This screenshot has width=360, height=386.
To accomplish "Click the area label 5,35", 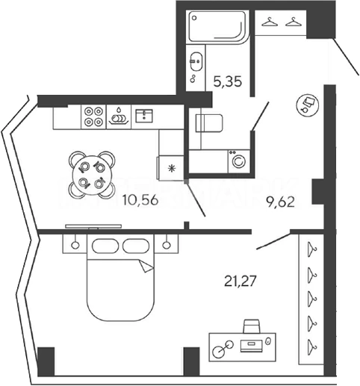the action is (228, 81).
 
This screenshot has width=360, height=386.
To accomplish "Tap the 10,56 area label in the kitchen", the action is (140, 200).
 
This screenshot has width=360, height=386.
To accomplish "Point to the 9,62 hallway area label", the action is (280, 202).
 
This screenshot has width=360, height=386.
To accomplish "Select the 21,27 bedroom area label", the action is (240, 281).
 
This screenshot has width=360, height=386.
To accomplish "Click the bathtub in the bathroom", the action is (217, 28).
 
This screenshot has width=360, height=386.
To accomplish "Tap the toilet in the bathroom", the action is (209, 123).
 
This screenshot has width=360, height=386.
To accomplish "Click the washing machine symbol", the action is (239, 161).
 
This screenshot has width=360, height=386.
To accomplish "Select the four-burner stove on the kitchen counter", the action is (93, 116).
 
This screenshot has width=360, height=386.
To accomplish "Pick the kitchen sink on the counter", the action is (144, 116).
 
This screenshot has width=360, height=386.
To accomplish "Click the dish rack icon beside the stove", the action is (119, 117).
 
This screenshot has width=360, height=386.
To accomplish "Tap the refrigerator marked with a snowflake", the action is (170, 168).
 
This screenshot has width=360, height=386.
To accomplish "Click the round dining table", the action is (92, 175).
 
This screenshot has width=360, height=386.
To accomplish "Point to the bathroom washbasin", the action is (196, 61).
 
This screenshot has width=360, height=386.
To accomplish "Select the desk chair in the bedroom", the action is (252, 326).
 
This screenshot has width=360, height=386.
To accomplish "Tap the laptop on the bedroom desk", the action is (252, 346).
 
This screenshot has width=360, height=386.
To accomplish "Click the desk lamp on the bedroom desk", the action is (223, 348).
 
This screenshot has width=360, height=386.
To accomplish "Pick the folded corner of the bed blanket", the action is (146, 266).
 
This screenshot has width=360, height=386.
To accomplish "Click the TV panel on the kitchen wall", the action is (93, 226).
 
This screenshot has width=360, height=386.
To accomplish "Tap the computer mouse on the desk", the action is (268, 341).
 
